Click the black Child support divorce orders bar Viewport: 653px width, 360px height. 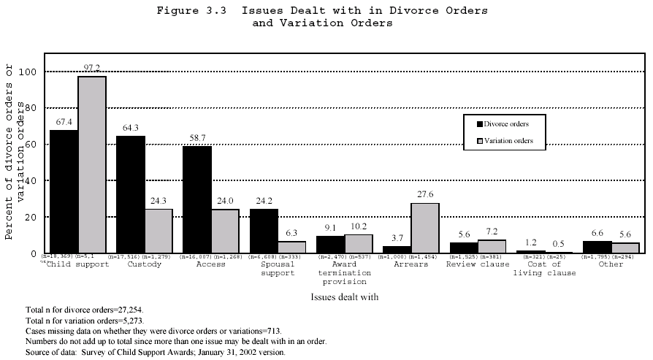(x=64, y=191)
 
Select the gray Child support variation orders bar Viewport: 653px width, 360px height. (x=92, y=164)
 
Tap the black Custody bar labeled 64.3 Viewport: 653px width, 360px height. (x=130, y=194)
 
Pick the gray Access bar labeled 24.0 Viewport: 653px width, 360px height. (x=226, y=231)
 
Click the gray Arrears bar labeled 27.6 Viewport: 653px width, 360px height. (x=425, y=228)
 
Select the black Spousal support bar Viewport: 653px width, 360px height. (x=264, y=231)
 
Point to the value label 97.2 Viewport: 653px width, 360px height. (x=92, y=68)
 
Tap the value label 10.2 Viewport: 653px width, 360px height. (x=359, y=226)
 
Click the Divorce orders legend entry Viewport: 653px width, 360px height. (x=505, y=125)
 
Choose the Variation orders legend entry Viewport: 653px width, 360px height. (x=505, y=141)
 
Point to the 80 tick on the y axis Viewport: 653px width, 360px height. (x=31, y=108)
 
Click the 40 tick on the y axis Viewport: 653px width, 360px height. (x=31, y=180)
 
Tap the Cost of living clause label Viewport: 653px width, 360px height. (x=544, y=269)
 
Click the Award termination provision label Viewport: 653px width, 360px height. (x=343, y=272)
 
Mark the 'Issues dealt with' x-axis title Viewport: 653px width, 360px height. (x=344, y=298)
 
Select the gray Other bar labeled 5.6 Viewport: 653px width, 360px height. (x=625, y=248)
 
